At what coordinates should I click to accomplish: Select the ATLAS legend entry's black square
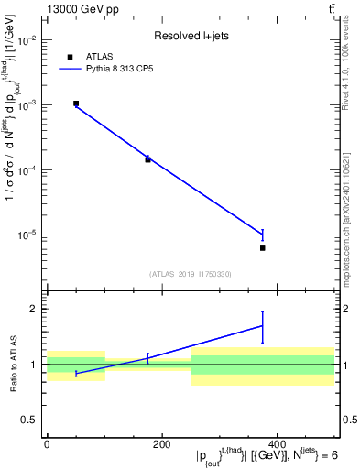tap(70, 57)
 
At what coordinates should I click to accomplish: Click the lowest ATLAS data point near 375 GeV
tap(263, 248)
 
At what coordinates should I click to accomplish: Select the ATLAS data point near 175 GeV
tap(147, 159)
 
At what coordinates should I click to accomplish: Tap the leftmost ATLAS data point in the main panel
tap(76, 104)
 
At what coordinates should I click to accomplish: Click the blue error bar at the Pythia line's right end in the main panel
tap(263, 234)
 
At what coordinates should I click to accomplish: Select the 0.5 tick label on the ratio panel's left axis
tap(28, 420)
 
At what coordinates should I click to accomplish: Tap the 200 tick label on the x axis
tap(161, 444)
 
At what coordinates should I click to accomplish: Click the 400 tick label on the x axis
tap(277, 444)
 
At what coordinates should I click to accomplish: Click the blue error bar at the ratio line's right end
tap(263, 326)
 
